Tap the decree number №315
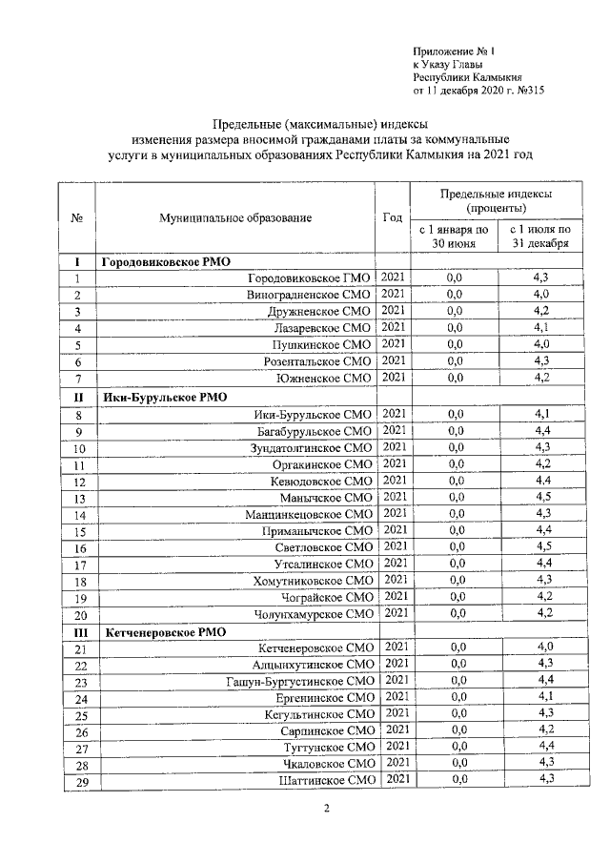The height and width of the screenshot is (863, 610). point(527,92)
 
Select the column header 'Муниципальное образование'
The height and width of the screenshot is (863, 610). point(235,218)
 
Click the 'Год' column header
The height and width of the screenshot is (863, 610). point(392,217)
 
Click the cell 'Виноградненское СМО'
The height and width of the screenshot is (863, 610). point(309,296)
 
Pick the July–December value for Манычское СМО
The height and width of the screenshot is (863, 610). point(541,497)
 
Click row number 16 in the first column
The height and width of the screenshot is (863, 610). point(79,548)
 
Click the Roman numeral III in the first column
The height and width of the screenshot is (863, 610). point(79,632)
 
